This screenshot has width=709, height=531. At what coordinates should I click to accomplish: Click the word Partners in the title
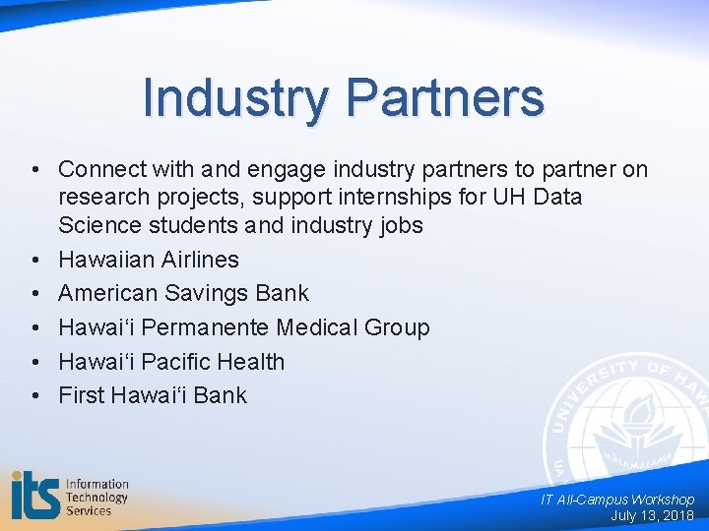coord(445,99)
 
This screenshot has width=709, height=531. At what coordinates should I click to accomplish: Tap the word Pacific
coord(178,362)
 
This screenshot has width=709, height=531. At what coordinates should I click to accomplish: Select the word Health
coord(253,362)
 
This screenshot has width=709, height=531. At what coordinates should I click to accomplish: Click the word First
coord(81,395)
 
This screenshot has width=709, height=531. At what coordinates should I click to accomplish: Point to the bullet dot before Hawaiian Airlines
coord(34,260)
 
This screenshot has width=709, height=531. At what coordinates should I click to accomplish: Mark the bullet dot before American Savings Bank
coord(34,293)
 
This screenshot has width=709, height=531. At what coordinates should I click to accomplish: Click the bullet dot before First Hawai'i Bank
coord(34,395)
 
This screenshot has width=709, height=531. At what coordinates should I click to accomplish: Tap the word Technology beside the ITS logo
coord(97,497)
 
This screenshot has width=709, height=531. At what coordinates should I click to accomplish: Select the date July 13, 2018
coord(652,515)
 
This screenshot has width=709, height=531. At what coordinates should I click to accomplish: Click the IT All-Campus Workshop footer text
coord(617,500)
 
